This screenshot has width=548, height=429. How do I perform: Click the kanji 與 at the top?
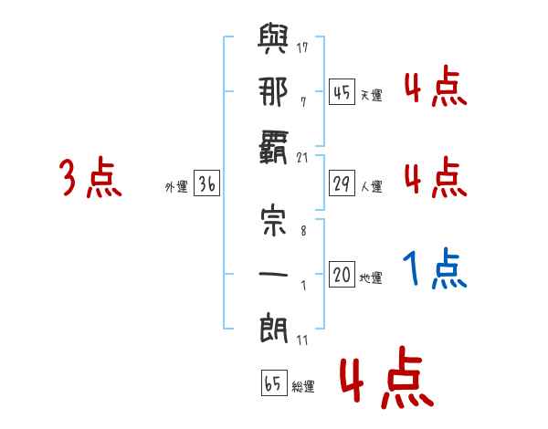pos(273,38)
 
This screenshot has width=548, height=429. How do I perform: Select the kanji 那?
pos(273,91)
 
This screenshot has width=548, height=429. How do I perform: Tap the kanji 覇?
pos(273,147)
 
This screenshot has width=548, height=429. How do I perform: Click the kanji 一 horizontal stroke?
pos(273,274)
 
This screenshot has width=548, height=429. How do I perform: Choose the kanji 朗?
pos(273,328)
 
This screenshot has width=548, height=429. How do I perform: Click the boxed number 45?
pos(342,92)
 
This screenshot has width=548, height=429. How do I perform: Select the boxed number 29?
pos(342,183)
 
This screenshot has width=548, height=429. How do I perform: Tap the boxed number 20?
pos(342,274)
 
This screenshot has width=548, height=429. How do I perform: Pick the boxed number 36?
pos(206,183)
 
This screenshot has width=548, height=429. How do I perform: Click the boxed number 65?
pos(274,382)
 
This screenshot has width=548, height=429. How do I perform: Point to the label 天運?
pos(372,95)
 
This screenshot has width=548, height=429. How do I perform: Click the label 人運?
pos(372,186)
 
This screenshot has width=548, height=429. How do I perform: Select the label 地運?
pos(371,277)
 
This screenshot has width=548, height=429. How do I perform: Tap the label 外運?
pos(176,187)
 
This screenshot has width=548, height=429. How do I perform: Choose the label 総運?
pos(303,386)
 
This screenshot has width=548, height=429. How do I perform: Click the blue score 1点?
pos(435,268)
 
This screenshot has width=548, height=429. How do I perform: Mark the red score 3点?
pos(90,177)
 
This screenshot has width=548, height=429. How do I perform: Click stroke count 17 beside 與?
pos(302,47)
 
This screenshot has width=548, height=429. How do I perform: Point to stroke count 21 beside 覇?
pos(302,158)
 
